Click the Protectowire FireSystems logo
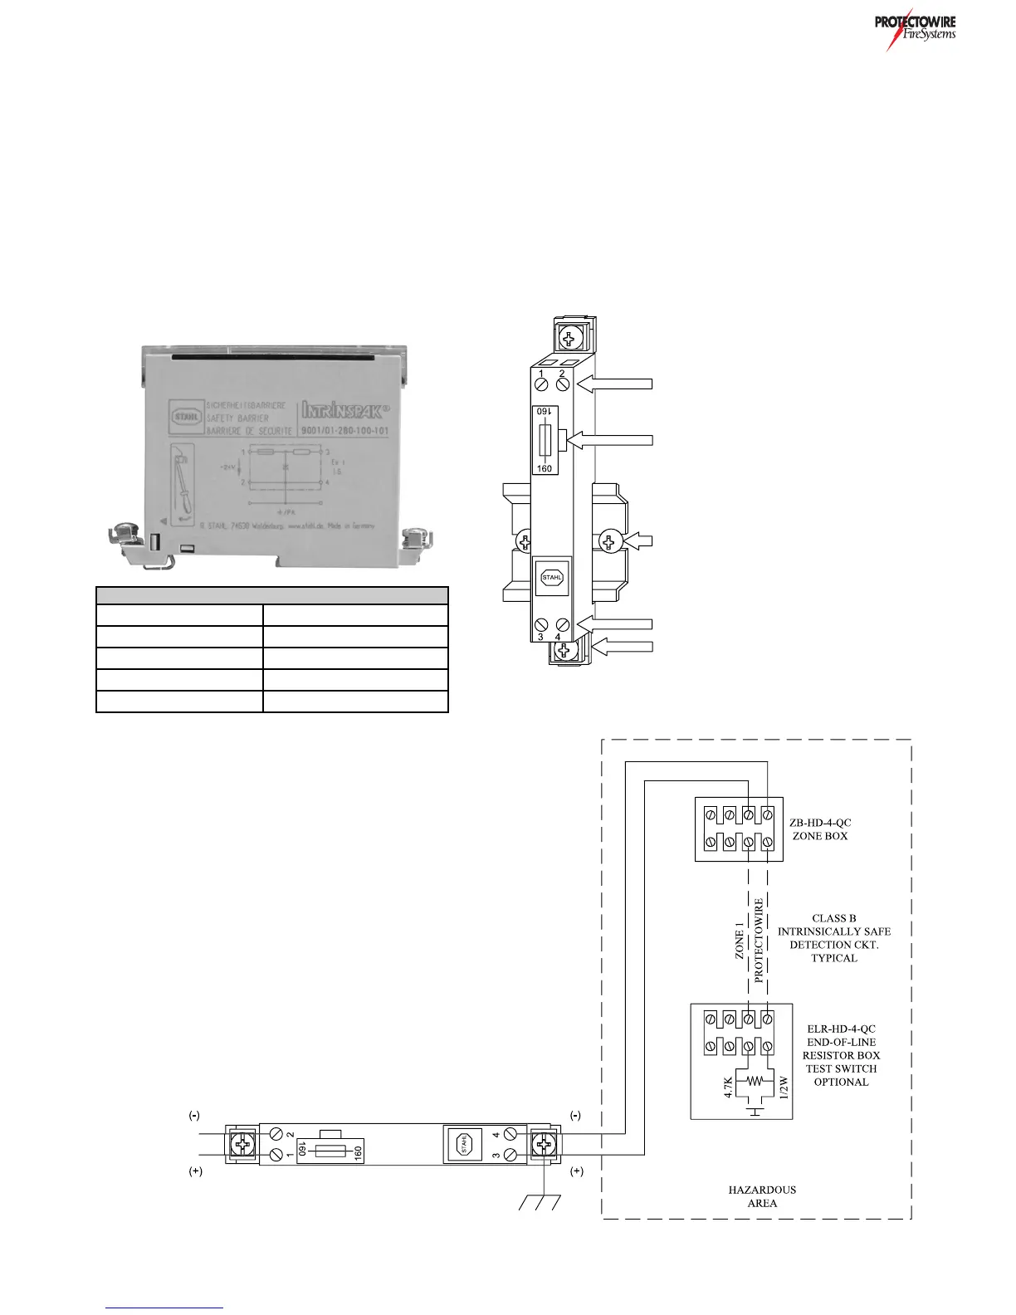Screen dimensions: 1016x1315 click(915, 29)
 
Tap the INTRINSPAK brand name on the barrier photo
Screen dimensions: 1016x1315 click(341, 409)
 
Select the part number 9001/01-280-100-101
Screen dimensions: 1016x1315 click(341, 431)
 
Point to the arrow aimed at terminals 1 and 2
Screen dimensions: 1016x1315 click(617, 384)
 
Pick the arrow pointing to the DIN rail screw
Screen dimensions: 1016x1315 click(638, 541)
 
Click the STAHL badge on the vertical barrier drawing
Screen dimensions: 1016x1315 click(552, 576)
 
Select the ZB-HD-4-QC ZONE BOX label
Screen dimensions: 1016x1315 click(820, 829)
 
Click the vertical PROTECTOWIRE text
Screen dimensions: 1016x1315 click(759, 940)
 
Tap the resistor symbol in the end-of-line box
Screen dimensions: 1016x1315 click(755, 1082)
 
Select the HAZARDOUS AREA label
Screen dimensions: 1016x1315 click(762, 1196)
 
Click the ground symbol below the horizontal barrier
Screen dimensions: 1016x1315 click(540, 1201)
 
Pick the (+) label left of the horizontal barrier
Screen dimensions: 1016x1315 click(195, 1171)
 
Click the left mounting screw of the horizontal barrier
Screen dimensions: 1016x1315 click(243, 1144)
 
